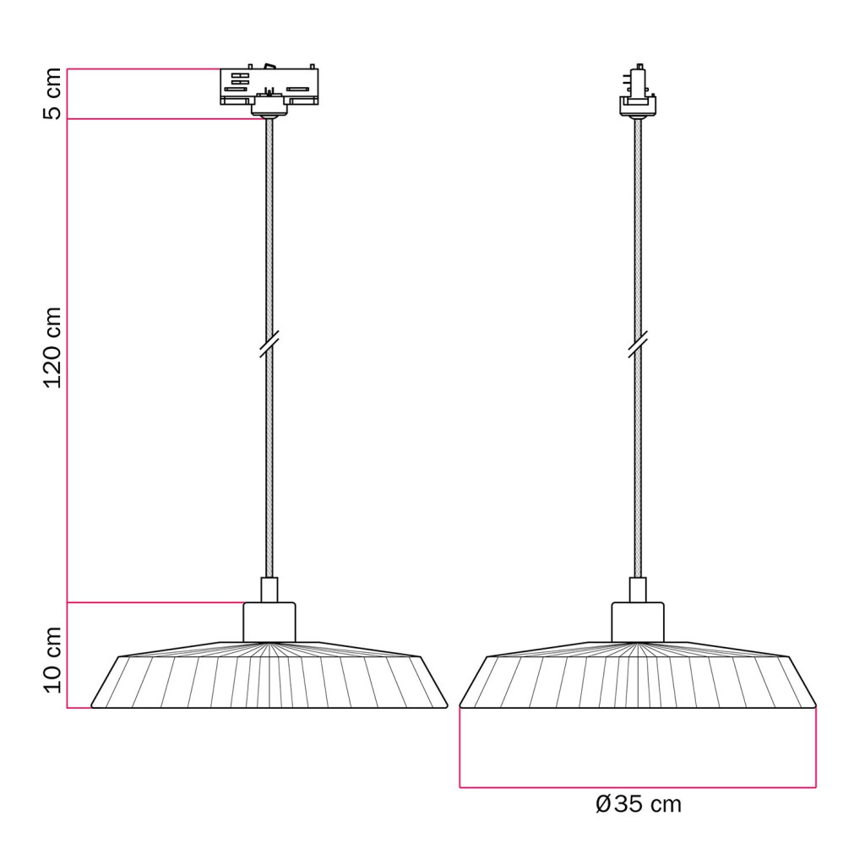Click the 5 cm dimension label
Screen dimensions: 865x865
(x=52, y=94)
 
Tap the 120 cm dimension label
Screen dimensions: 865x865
(x=52, y=347)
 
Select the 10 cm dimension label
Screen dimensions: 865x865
(x=52, y=660)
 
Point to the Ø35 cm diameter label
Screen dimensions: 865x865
(x=639, y=804)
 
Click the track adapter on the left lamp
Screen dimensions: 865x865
(x=269, y=87)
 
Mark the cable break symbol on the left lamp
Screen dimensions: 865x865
(x=269, y=345)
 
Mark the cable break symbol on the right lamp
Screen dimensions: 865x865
(x=638, y=345)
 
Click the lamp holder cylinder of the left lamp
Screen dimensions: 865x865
(x=269, y=623)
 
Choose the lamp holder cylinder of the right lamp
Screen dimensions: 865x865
(x=638, y=623)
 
